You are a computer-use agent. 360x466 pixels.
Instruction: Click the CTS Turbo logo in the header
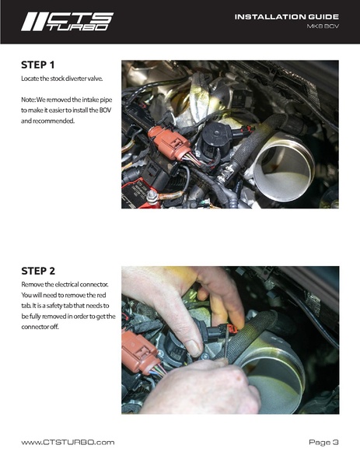(x=66, y=21)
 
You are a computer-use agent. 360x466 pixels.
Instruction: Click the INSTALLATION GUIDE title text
(x=287, y=16)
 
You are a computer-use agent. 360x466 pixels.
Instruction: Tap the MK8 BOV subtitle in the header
(x=321, y=28)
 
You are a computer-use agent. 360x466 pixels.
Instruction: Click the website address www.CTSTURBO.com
(x=68, y=442)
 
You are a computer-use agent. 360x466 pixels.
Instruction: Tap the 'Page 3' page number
(x=323, y=442)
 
